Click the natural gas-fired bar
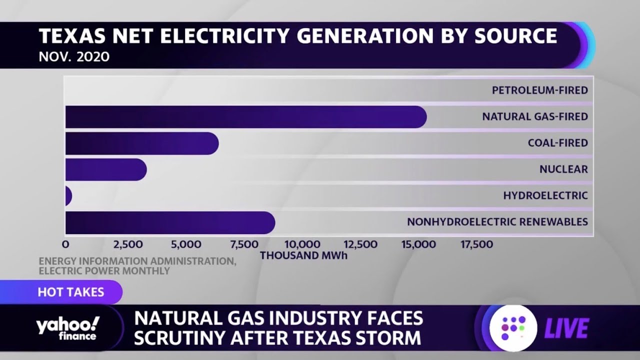(245, 117)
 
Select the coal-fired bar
(141, 143)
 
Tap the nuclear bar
(105, 170)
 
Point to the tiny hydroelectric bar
(68, 196)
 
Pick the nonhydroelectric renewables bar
(170, 222)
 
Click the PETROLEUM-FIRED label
(539, 90)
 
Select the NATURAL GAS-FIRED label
(534, 117)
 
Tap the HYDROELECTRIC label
(545, 195)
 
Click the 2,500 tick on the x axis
(128, 244)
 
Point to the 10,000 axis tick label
(302, 244)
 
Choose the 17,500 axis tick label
(476, 244)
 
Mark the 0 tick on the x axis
(65, 244)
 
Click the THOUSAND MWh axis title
(303, 255)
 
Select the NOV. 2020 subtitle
(74, 57)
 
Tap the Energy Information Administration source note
(137, 266)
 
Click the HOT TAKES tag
(70, 292)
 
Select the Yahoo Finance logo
(67, 328)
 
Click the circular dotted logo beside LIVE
(513, 328)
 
